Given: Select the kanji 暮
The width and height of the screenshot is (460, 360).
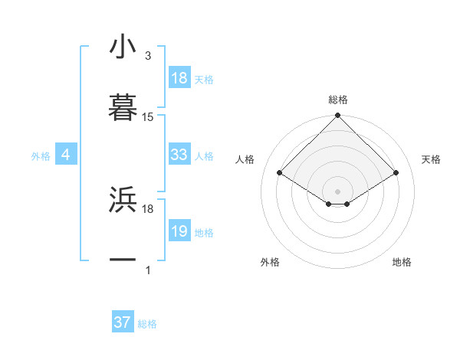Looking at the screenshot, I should (123, 108).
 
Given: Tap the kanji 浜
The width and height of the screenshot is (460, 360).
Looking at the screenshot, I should (123, 199).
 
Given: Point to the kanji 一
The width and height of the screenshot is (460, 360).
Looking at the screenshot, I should (123, 260).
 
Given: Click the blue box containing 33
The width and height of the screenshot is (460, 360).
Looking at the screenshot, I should (179, 155).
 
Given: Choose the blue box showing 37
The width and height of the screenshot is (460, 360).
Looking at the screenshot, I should (122, 322).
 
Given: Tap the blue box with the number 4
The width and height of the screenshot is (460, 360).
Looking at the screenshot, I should (65, 155).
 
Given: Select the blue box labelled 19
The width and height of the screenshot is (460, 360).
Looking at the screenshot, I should (179, 231).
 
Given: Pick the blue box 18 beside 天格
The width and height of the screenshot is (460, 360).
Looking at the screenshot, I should (179, 78).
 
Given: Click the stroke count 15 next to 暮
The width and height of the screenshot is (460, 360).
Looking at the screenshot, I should (148, 117).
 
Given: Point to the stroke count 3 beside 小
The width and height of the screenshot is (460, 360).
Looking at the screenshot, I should (148, 56).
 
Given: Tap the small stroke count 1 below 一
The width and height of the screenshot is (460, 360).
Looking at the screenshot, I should (148, 270).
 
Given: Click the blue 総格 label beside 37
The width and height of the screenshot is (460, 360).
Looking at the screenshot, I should (147, 324).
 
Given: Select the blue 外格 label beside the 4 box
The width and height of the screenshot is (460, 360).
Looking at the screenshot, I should (41, 156).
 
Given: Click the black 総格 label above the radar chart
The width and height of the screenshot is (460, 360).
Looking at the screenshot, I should (337, 100).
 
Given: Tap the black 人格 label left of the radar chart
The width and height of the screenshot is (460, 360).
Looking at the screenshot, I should (245, 159).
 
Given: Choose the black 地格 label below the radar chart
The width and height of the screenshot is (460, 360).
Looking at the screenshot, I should (402, 262).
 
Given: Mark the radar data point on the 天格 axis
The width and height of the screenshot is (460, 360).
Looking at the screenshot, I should (396, 173).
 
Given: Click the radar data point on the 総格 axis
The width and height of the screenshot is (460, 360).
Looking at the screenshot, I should (337, 116).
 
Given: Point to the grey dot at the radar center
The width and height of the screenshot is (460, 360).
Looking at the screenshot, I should (337, 191).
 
